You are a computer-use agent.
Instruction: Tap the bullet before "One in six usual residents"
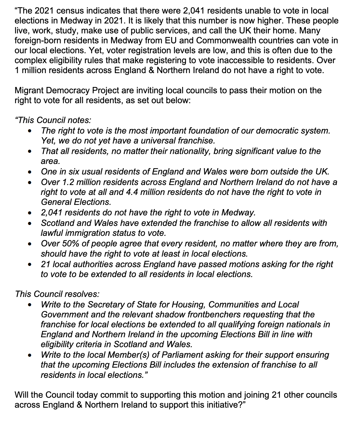(29, 172)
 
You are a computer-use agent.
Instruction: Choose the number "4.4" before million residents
(135, 192)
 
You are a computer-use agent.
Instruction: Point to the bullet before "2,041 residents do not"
(29, 213)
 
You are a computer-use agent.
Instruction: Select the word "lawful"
(52, 233)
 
